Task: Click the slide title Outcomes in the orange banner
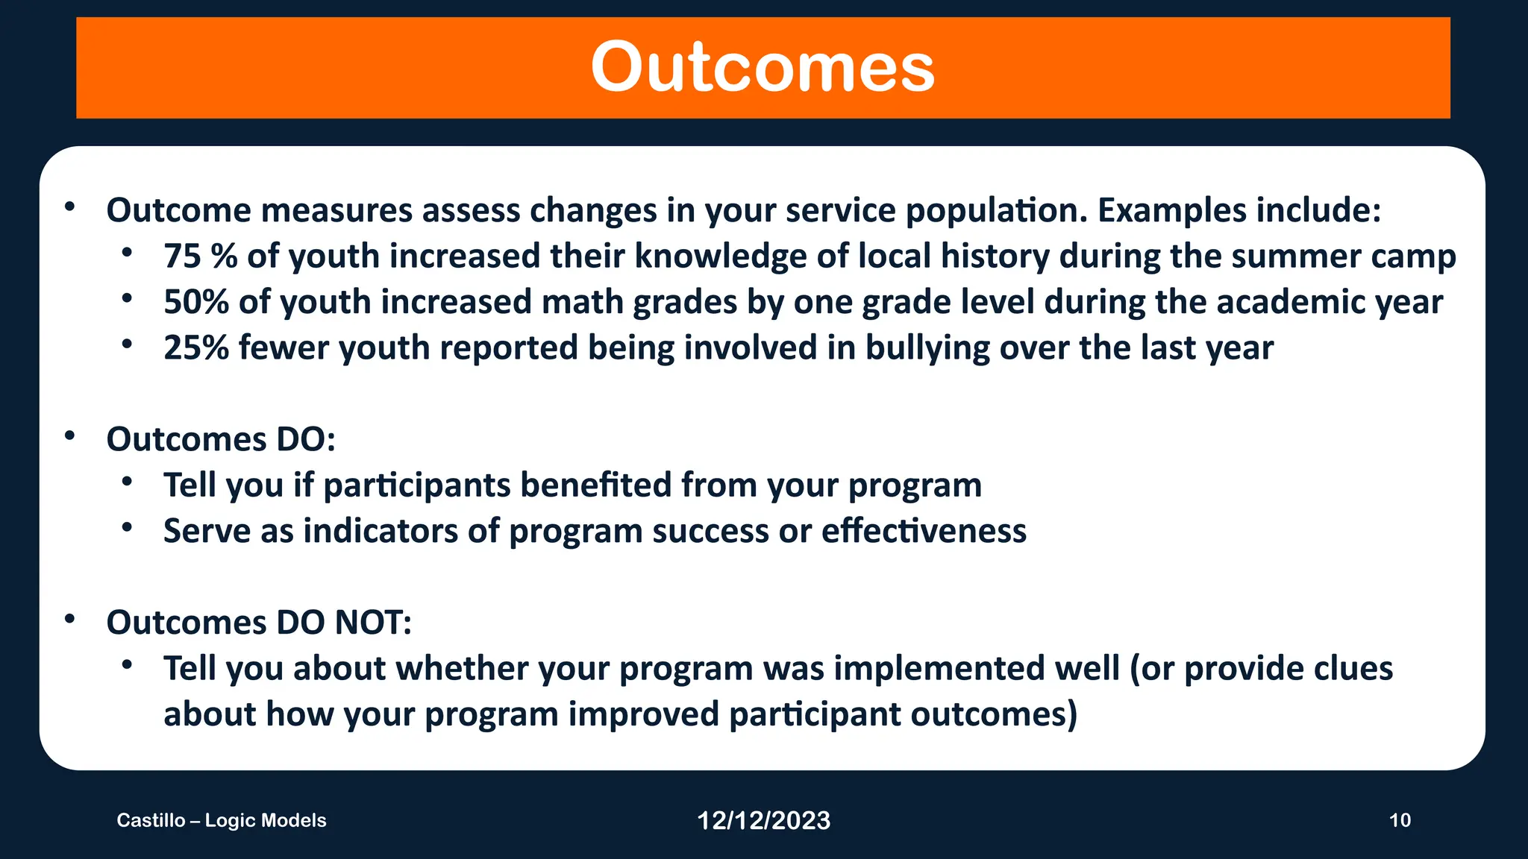pos(763,68)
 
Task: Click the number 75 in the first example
pos(183,257)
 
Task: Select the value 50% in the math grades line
pos(195,303)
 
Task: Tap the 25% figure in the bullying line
pos(195,348)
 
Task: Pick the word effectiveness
pos(924,532)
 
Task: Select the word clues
pos(1353,669)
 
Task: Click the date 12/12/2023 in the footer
pos(763,821)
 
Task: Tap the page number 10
pos(1400,821)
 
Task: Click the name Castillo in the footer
pos(151,821)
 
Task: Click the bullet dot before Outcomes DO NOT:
pos(69,619)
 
